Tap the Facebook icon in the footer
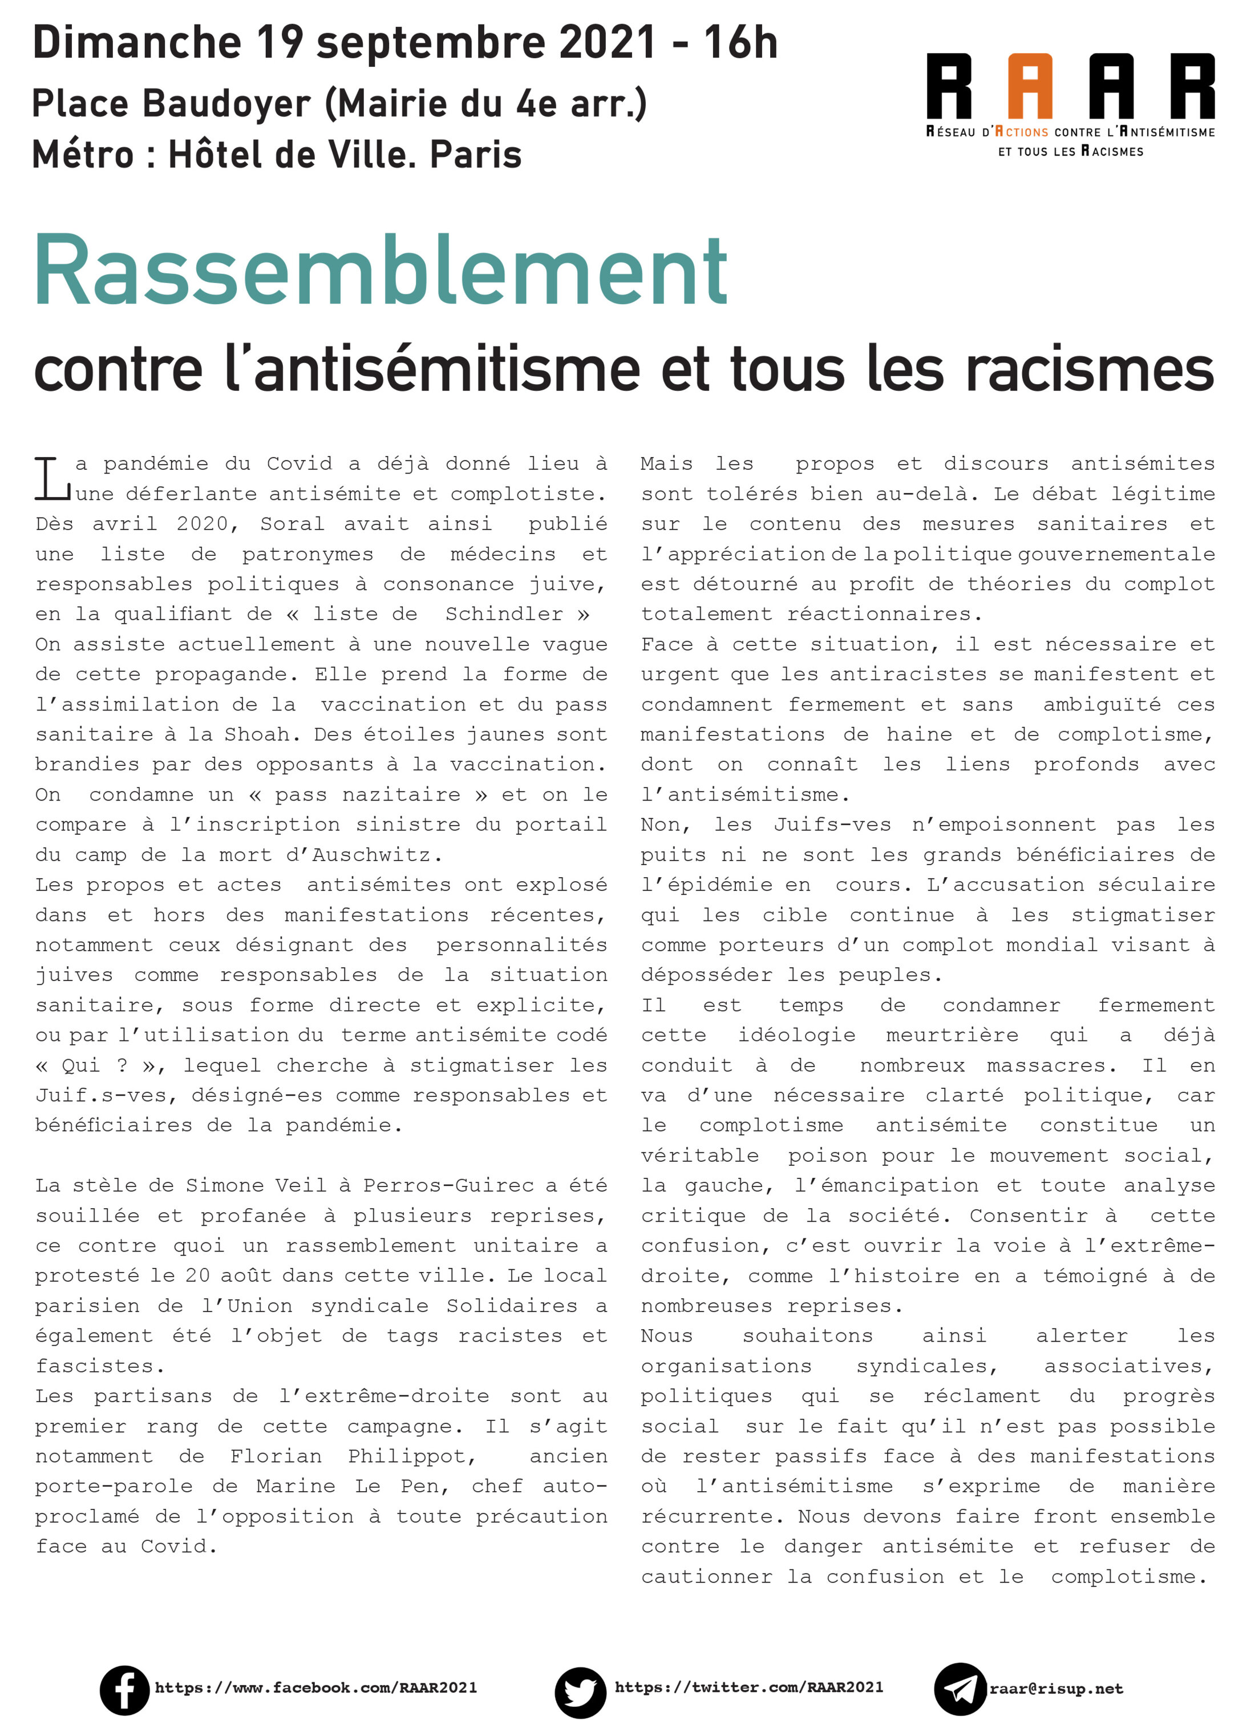(x=124, y=1688)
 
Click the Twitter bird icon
(x=580, y=1690)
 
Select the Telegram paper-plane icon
(x=959, y=1688)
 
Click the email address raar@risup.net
(x=1055, y=1688)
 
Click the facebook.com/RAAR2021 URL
(x=315, y=1687)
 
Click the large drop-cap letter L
(x=52, y=478)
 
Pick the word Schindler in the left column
(x=504, y=614)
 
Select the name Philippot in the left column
(x=410, y=1456)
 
